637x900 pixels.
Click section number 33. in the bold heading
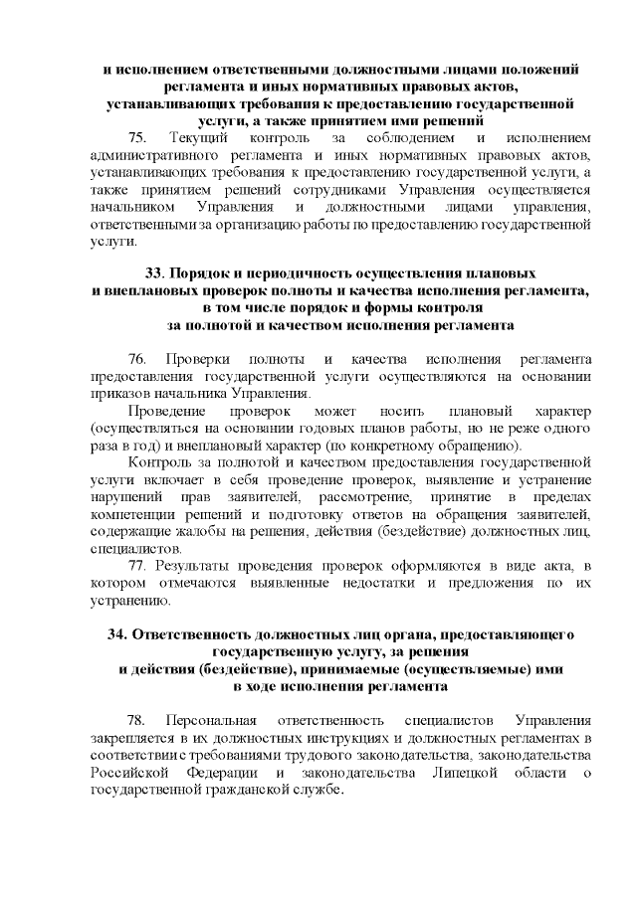point(155,273)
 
